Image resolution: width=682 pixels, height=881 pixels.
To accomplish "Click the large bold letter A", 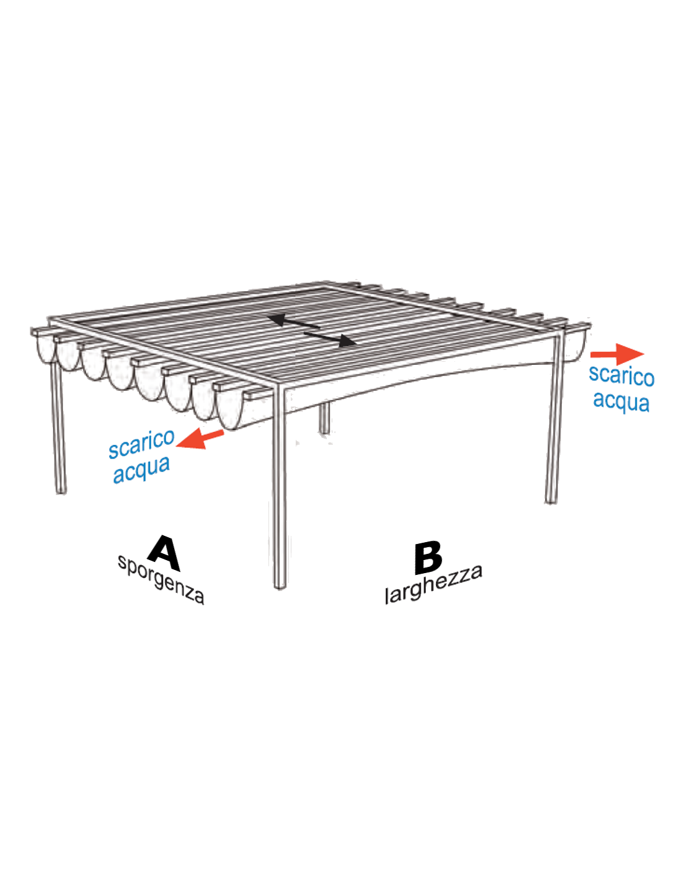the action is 164,554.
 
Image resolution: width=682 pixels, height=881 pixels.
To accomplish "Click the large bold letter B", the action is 428,558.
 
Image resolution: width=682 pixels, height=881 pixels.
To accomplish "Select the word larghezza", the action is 434,584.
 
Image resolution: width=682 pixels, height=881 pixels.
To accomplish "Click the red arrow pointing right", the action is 617,354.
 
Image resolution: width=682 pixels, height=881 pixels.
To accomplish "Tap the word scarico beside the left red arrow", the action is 141,444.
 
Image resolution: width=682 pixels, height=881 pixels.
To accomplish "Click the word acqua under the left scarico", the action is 141,471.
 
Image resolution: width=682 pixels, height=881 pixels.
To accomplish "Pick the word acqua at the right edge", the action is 621,401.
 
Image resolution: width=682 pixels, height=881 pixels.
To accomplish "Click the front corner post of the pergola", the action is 280,486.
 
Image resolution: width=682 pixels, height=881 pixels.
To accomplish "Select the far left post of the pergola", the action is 59,427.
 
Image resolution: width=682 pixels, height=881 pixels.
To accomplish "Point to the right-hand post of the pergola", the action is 554,418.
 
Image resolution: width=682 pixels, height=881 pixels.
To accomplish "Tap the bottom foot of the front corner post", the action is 280,585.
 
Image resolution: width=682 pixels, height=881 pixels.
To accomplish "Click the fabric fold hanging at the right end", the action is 575,344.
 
